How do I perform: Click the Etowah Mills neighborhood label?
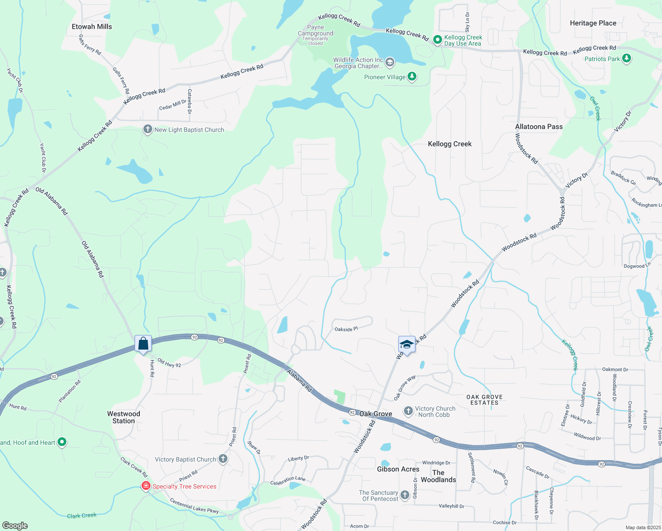click(92, 27)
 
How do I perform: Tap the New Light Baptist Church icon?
click(147, 129)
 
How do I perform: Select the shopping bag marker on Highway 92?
click(143, 343)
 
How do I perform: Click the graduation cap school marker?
click(406, 345)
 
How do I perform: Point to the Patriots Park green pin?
click(626, 58)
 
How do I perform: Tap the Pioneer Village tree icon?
click(412, 77)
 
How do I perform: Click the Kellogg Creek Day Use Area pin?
click(437, 40)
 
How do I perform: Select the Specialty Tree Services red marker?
click(146, 486)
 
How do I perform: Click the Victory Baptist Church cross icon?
click(223, 459)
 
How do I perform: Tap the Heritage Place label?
click(593, 23)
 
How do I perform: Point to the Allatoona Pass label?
click(539, 127)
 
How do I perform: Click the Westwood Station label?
click(123, 417)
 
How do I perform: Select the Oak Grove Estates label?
click(484, 400)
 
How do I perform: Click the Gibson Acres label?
click(398, 469)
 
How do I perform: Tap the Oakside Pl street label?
click(346, 329)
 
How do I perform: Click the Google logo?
click(15, 526)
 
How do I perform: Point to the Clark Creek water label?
click(81, 516)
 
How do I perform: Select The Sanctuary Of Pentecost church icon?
click(404, 495)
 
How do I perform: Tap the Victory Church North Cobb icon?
click(408, 411)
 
